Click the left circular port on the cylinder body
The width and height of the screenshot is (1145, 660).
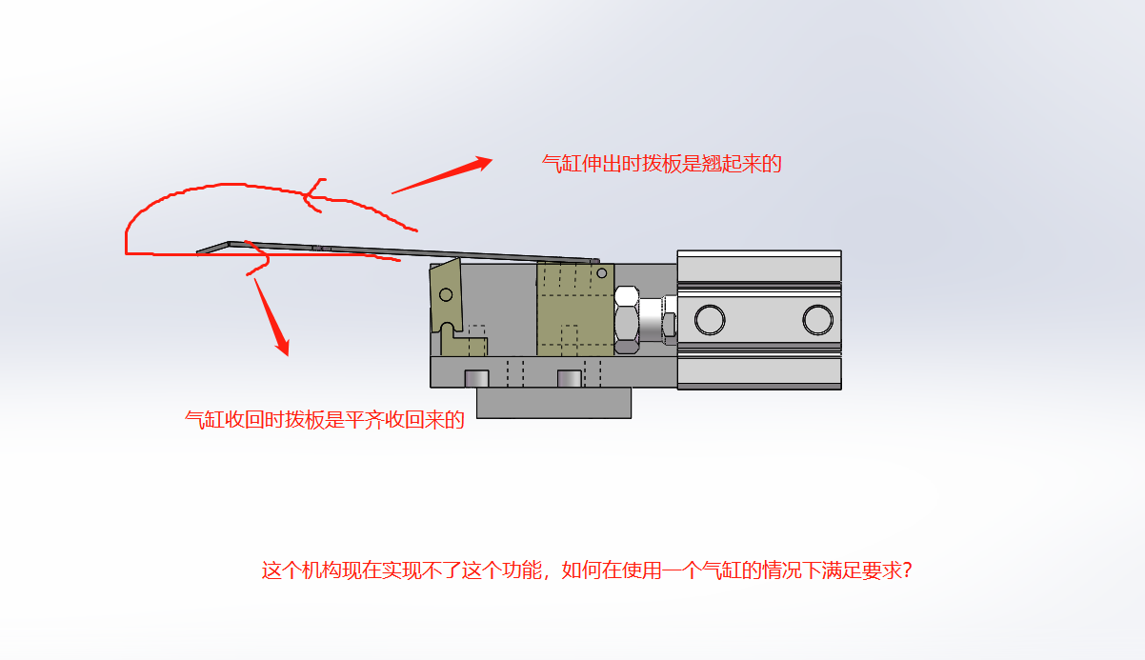[710, 319]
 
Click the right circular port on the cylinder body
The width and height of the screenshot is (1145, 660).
[818, 319]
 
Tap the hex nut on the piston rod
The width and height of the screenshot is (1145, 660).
[627, 319]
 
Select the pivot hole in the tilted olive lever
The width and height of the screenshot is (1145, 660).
[446, 294]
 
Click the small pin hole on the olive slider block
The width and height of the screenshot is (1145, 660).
[602, 273]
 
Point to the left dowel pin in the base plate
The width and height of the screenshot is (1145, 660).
[476, 378]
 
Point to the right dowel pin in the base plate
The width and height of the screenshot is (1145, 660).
[569, 378]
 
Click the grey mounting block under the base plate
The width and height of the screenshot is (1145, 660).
[553, 403]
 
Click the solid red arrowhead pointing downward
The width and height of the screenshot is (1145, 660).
[283, 345]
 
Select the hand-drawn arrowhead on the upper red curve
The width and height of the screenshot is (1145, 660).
[312, 195]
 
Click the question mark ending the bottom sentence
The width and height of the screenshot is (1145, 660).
[907, 570]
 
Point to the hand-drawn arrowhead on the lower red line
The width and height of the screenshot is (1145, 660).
[258, 258]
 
